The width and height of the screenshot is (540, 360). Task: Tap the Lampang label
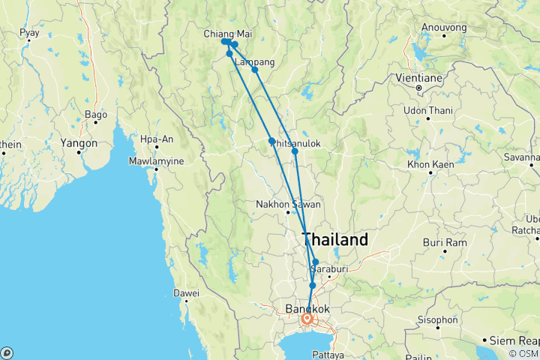point(254,61)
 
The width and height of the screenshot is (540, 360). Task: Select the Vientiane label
point(419,77)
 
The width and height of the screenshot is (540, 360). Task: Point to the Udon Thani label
point(427,111)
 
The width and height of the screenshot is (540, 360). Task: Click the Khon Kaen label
point(430,163)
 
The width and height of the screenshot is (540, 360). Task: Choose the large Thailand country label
point(334,240)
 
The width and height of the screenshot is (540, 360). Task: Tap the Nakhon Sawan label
point(289,204)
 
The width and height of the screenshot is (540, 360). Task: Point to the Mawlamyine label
point(156,160)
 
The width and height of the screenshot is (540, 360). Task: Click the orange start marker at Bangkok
point(307,319)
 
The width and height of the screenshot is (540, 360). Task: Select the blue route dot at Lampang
point(255,70)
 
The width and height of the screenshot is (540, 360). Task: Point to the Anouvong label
point(444,28)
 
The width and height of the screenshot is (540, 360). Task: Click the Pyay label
point(29,33)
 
